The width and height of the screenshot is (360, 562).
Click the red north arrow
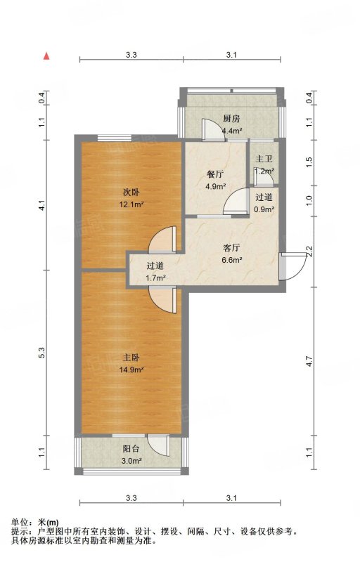46,55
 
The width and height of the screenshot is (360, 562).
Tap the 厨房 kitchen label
231,119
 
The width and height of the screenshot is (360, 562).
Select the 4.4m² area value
231,131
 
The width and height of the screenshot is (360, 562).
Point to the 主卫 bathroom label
264,159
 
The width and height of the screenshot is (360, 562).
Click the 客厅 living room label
231,248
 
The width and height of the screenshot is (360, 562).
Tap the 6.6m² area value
231,260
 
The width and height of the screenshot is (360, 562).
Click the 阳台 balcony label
131,449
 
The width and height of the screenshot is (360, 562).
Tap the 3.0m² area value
131,461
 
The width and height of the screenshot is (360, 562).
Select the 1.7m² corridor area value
155,277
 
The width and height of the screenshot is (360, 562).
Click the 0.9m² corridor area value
264,209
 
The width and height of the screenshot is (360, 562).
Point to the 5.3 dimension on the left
42,353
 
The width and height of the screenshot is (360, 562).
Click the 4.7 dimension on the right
311,361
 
